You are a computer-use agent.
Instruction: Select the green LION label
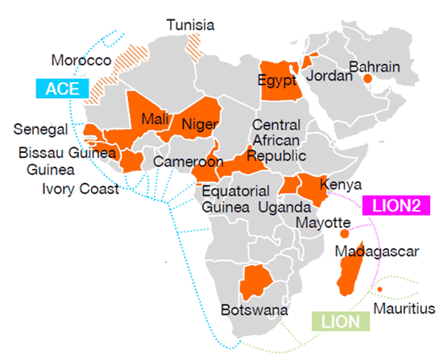coord(339,322)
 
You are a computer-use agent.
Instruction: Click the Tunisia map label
coord(190,25)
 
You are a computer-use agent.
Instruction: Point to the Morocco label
coord(81,60)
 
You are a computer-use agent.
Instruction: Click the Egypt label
coord(279,80)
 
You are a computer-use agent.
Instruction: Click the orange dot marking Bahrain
coord(367,78)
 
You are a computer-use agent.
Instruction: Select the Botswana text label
coord(248,309)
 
